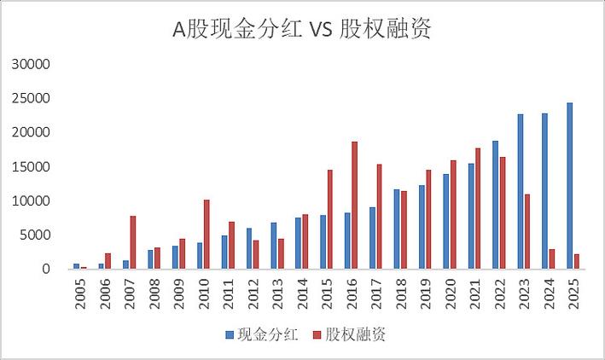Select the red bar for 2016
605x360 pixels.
(x=354, y=206)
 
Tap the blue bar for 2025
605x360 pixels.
(x=569, y=186)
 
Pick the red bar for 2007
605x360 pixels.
(x=133, y=242)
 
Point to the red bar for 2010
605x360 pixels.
(x=207, y=235)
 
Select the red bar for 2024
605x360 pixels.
(x=552, y=259)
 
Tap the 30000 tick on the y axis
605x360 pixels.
(x=35, y=64)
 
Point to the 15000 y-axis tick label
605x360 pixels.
(x=35, y=166)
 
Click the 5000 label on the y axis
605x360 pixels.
(x=38, y=235)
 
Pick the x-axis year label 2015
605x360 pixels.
(x=326, y=291)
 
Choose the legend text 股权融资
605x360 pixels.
(x=357, y=335)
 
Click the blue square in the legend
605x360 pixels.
(x=230, y=336)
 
